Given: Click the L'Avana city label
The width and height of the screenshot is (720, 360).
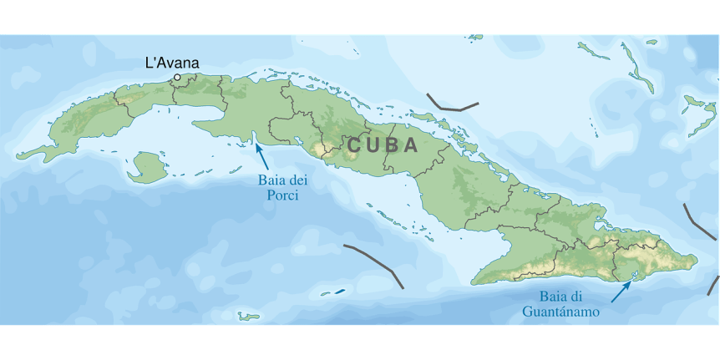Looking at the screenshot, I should click(x=172, y=63).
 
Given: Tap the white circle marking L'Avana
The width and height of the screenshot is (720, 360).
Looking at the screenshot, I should click(x=177, y=78).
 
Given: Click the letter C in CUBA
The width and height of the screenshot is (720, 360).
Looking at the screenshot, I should click(x=354, y=145).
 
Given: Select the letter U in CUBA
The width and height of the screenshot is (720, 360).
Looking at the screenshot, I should click(x=373, y=145).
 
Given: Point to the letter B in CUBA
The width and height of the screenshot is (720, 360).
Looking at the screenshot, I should click(x=392, y=145).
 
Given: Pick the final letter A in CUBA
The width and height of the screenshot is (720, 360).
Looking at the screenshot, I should click(x=411, y=145).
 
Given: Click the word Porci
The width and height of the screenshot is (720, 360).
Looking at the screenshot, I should click(x=278, y=196).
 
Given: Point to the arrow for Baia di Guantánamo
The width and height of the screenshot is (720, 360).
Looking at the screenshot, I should click(x=621, y=291).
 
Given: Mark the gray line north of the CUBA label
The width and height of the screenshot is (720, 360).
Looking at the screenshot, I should click(x=452, y=104).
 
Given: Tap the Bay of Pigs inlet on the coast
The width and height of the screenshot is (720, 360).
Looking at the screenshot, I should click(x=251, y=139).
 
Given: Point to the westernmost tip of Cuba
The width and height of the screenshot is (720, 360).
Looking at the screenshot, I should click(x=18, y=156).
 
